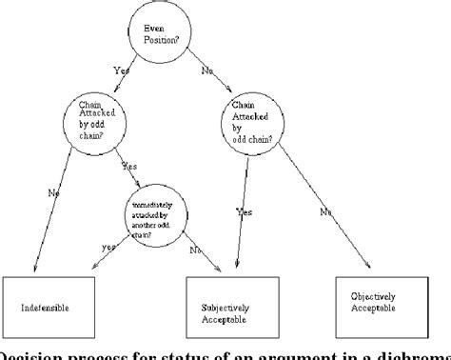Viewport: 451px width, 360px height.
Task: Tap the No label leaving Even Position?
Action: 207,70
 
